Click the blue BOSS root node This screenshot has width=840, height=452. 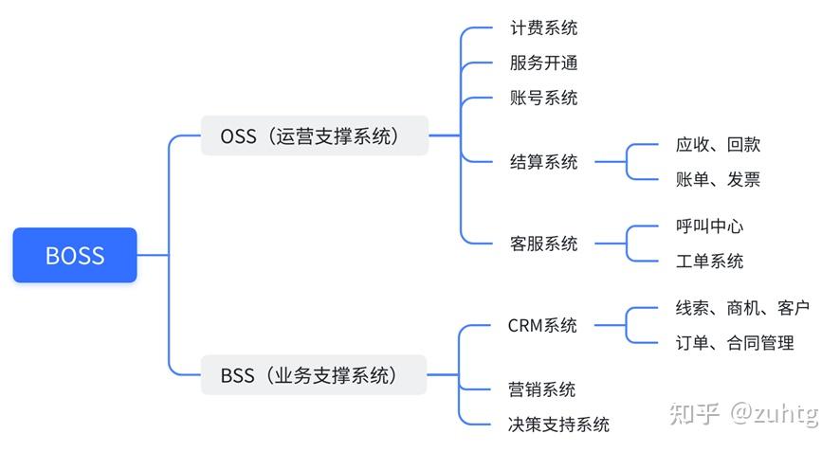pos(75,255)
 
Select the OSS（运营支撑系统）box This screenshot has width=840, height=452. pos(314,136)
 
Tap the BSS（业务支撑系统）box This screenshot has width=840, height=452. pos(314,375)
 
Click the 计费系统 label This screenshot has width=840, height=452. pos(543,27)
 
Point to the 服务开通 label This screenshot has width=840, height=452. pos(543,63)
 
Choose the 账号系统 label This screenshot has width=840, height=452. pos(543,99)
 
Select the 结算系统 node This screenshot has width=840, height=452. pos(543,162)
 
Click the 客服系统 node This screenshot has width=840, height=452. pos(543,244)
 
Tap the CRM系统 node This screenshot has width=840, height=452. pos(542,325)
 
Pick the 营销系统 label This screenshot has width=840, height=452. pos(542,389)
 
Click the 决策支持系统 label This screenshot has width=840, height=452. pos(558,425)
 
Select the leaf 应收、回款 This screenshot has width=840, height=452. pos(718,145)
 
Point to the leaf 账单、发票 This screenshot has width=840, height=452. pos(718,180)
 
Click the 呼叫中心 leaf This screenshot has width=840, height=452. pos(709,226)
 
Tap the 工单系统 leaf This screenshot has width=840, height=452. pos(709,262)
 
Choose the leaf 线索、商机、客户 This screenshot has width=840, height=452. pos(742,307)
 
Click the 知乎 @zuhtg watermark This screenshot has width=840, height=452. pos(743,414)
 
